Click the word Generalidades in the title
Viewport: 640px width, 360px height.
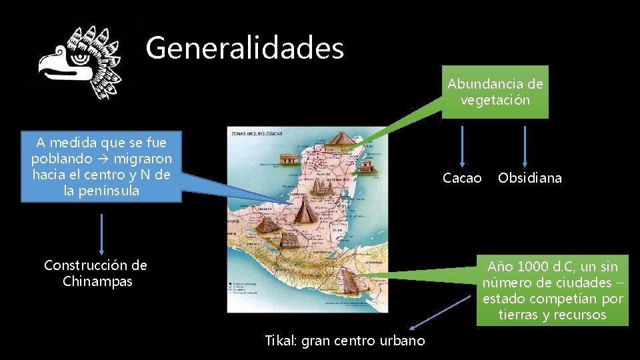coord(245,48)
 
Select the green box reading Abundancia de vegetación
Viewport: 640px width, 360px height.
coord(495,92)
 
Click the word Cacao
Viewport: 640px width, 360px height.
coord(462,178)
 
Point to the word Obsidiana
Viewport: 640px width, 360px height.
coord(529,178)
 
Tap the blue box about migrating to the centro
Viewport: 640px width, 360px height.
coord(101,167)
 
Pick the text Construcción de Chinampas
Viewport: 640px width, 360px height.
coord(95,273)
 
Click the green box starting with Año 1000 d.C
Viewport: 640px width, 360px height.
coord(552,290)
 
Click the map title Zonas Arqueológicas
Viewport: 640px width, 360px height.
coord(257,133)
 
